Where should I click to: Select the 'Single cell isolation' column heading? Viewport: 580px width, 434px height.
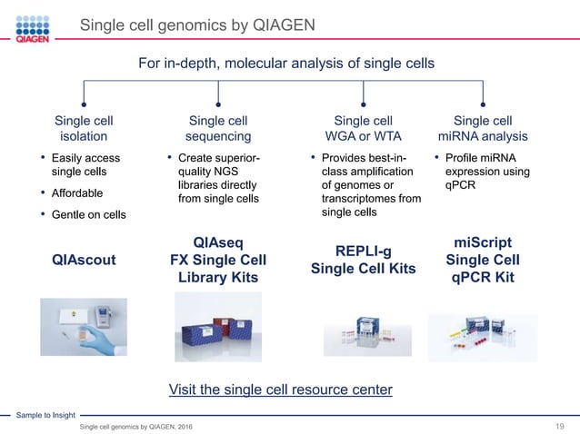click(84, 128)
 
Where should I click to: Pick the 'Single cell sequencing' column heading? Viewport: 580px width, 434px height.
click(218, 128)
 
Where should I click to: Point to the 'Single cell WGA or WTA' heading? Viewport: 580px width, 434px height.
click(363, 128)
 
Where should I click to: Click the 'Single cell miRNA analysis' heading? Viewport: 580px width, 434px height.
click(483, 128)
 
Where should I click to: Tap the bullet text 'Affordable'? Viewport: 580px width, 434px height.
click(77, 193)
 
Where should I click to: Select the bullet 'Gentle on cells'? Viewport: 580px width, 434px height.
click(89, 214)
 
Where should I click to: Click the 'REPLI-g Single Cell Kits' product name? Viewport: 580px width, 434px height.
click(363, 260)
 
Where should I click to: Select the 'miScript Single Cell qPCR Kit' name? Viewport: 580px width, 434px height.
click(483, 260)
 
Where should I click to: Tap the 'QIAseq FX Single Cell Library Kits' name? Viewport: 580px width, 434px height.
click(218, 260)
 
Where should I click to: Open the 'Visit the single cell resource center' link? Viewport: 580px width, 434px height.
click(280, 390)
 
